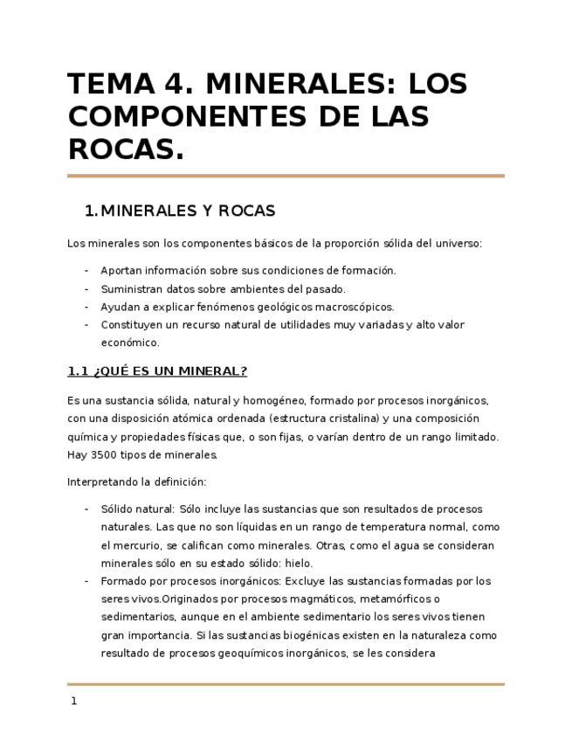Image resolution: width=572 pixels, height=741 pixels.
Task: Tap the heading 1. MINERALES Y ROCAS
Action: [179, 211]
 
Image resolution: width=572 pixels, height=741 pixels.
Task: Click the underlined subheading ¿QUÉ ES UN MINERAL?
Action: [157, 371]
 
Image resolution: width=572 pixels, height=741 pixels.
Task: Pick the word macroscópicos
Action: [355, 307]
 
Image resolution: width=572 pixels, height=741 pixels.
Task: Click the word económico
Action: [130, 343]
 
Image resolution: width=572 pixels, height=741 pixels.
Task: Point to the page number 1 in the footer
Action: [74, 701]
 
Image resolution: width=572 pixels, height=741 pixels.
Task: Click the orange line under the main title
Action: [286, 176]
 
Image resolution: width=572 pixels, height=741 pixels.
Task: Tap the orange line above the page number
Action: [286, 684]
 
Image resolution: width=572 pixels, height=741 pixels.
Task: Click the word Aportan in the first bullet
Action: [121, 271]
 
